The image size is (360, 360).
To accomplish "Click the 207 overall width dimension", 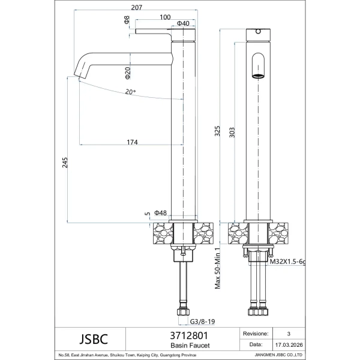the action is (x=137, y=7).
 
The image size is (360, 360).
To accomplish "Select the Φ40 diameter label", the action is (x=183, y=23).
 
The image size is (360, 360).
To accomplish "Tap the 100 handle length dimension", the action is (x=165, y=17).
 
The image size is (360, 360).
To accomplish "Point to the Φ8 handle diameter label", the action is (x=127, y=20).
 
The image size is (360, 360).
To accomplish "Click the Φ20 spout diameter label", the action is (x=128, y=73).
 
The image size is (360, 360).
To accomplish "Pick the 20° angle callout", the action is (x=130, y=92).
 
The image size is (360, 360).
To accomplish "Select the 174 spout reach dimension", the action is (x=132, y=142).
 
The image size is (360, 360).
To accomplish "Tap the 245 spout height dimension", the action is (x=65, y=163).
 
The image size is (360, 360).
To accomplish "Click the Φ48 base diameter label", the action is (x=160, y=213).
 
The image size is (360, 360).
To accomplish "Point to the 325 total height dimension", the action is (x=217, y=131).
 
